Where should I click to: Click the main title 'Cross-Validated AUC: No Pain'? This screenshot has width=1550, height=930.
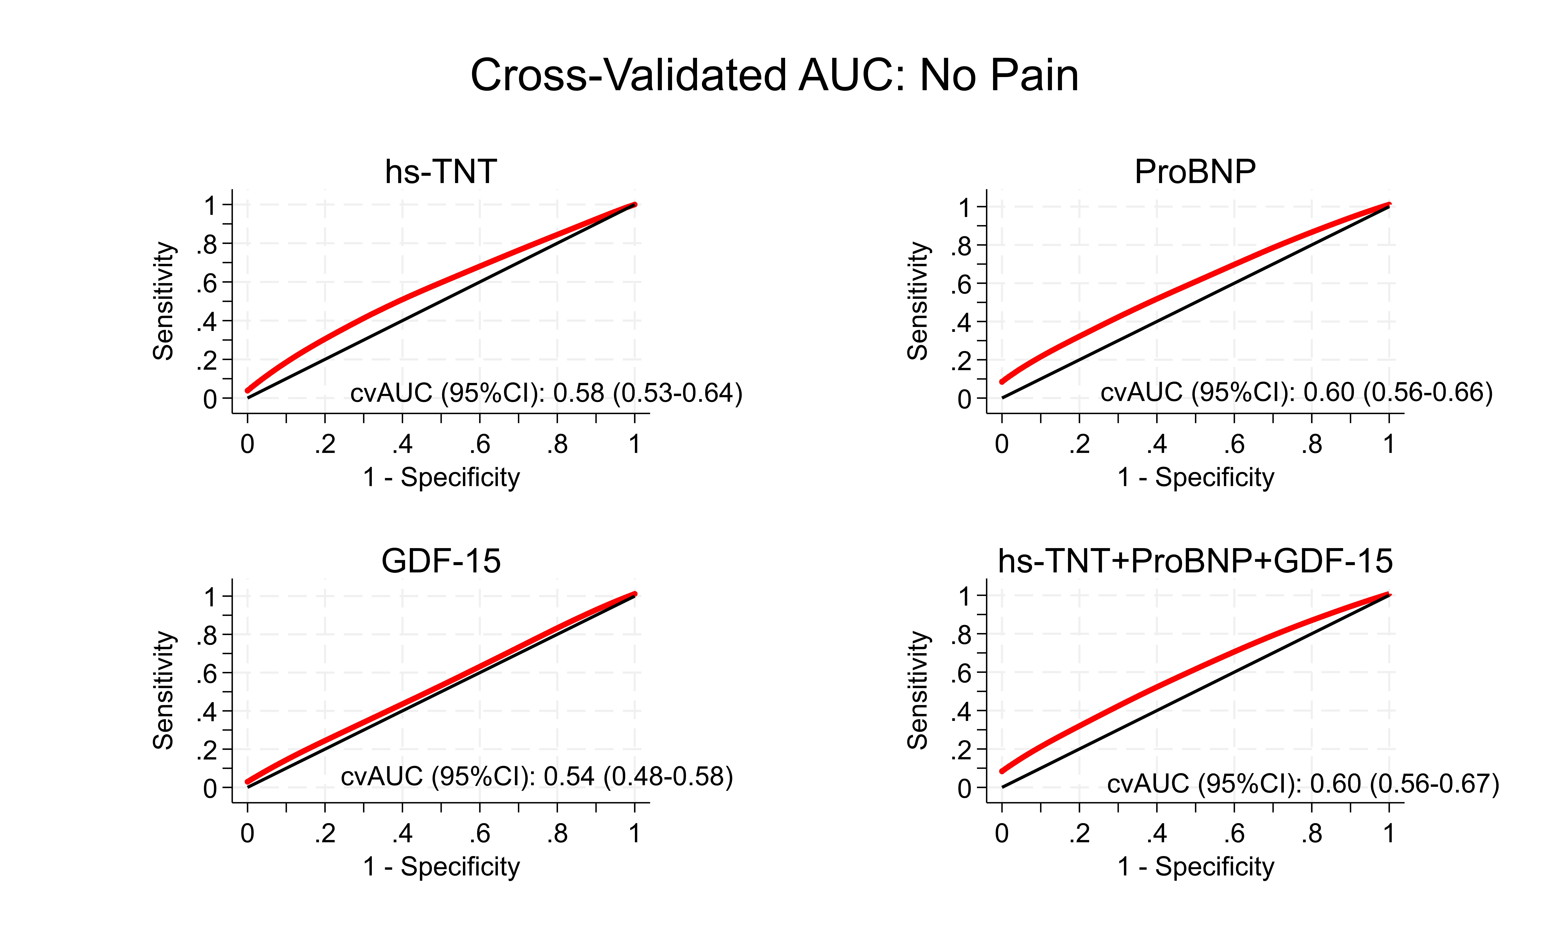tap(774, 76)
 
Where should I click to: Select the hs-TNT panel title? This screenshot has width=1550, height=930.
tap(441, 172)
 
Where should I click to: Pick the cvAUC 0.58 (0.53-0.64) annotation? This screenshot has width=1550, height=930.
tap(546, 393)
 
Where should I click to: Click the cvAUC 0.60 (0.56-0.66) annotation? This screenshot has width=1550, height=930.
tap(1297, 392)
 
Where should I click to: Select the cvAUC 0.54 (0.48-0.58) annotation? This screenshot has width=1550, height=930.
tap(537, 776)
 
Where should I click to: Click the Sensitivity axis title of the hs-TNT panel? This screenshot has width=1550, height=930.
tap(164, 301)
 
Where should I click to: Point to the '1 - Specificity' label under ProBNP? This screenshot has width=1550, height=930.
tap(1196, 478)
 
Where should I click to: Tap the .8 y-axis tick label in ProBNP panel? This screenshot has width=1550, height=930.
tap(960, 246)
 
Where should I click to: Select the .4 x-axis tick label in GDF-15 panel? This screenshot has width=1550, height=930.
tap(402, 833)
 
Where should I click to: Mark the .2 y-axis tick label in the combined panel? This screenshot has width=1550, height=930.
tap(960, 750)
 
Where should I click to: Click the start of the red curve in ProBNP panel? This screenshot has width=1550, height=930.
tap(1002, 381)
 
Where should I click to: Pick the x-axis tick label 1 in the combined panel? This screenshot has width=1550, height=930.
tap(1389, 833)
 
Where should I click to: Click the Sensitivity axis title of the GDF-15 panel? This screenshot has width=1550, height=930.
tap(164, 690)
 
